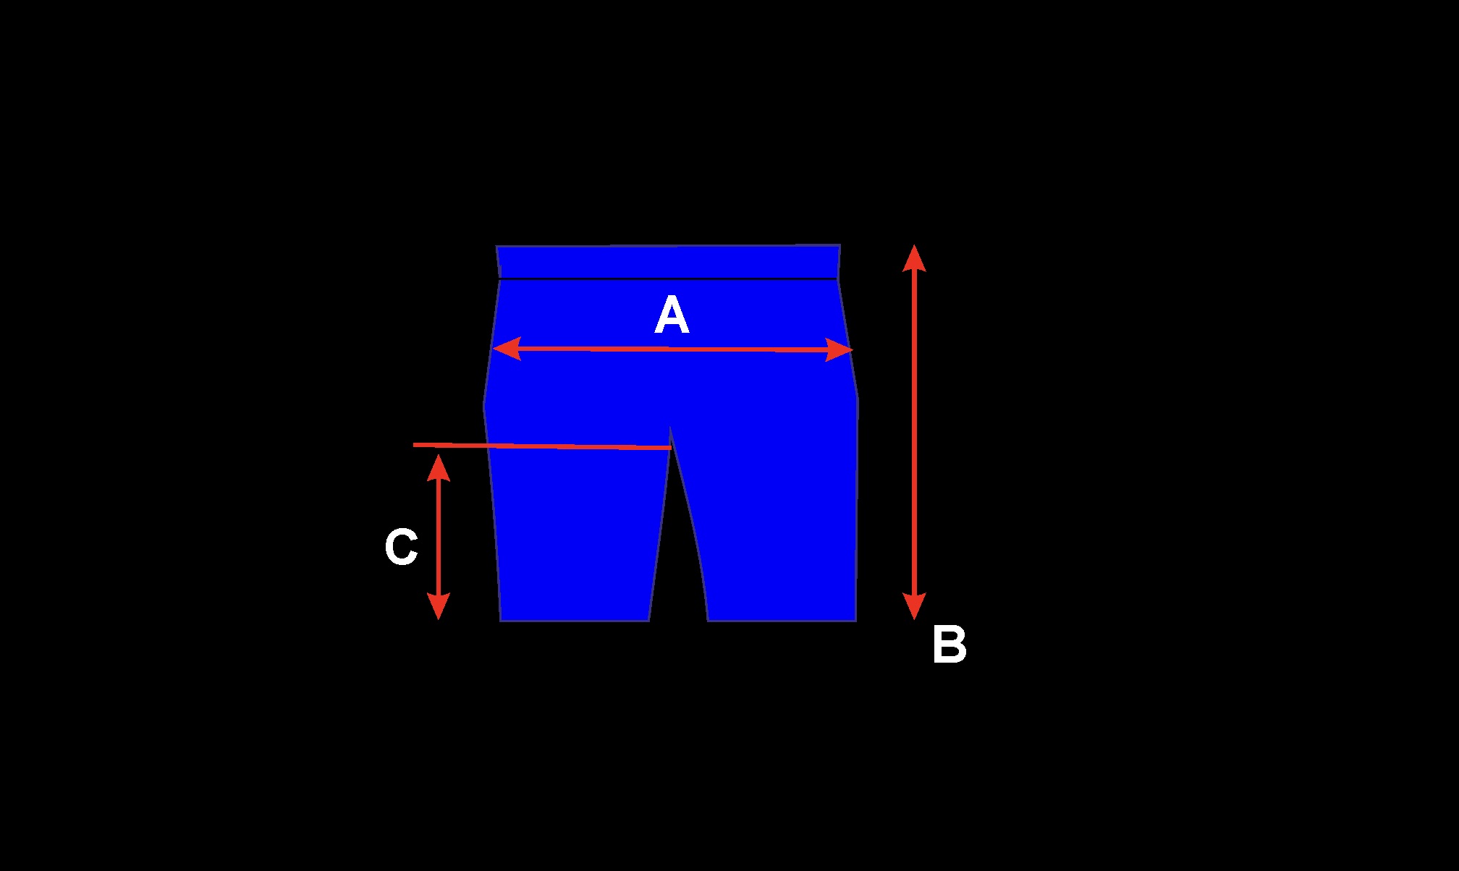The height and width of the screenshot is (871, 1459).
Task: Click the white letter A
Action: [672, 316]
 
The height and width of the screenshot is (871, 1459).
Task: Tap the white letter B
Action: [949, 645]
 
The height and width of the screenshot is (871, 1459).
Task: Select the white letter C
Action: [401, 547]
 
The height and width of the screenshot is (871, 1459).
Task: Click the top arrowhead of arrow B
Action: [914, 258]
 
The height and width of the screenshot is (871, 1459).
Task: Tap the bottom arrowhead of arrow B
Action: [914, 607]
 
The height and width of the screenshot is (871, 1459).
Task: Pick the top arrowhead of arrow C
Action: [439, 467]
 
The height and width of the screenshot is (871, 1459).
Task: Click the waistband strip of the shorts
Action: [668, 262]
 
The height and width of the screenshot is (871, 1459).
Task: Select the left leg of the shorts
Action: [575, 535]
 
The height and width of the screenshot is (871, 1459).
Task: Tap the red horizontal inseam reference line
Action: [543, 446]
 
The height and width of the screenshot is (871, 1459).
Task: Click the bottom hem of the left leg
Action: [575, 620]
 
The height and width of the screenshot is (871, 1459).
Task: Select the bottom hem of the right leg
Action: [782, 620]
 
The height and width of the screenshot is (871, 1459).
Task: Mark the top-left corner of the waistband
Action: [496, 247]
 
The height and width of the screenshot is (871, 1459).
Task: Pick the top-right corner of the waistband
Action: [840, 245]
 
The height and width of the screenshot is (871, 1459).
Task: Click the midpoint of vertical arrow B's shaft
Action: [914, 432]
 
